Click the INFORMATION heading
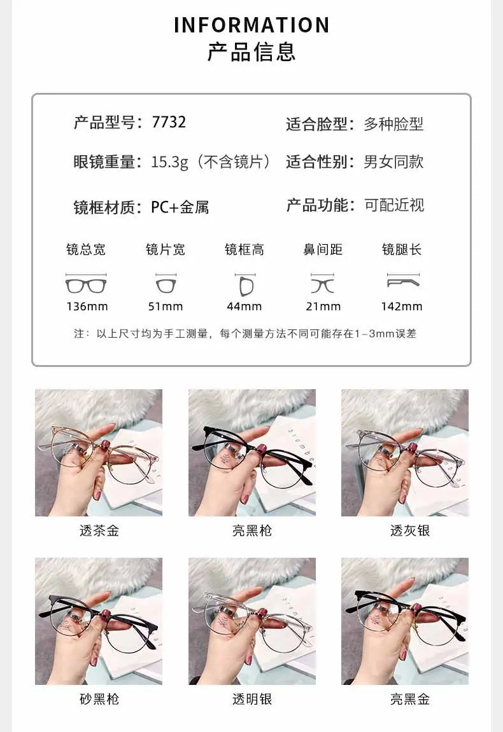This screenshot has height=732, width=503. click(x=251, y=25)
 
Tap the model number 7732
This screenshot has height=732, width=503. click(x=169, y=122)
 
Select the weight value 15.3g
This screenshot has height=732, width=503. click(x=170, y=162)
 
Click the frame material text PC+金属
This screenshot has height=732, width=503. click(x=180, y=207)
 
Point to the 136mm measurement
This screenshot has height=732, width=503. click(x=87, y=307)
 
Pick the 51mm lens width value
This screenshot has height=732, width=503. click(x=166, y=307)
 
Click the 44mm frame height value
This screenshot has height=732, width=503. click(x=244, y=307)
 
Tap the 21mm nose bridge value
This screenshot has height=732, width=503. click(x=323, y=307)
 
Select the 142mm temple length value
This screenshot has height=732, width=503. click(x=402, y=307)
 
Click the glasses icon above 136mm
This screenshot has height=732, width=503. click(x=86, y=284)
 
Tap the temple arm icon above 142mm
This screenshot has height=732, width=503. click(x=404, y=281)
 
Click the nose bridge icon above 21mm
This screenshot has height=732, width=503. click(x=323, y=284)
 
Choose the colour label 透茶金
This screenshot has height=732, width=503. click(x=99, y=531)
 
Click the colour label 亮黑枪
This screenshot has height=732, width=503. click(x=252, y=531)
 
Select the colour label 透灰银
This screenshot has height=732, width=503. click(x=410, y=531)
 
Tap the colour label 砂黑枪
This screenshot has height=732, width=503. click(x=99, y=699)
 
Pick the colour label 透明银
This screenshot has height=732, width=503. click(x=252, y=699)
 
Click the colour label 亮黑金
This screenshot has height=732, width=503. click(x=410, y=699)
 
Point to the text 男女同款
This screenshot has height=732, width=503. click(x=393, y=162)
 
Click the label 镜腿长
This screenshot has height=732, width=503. click(x=402, y=250)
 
